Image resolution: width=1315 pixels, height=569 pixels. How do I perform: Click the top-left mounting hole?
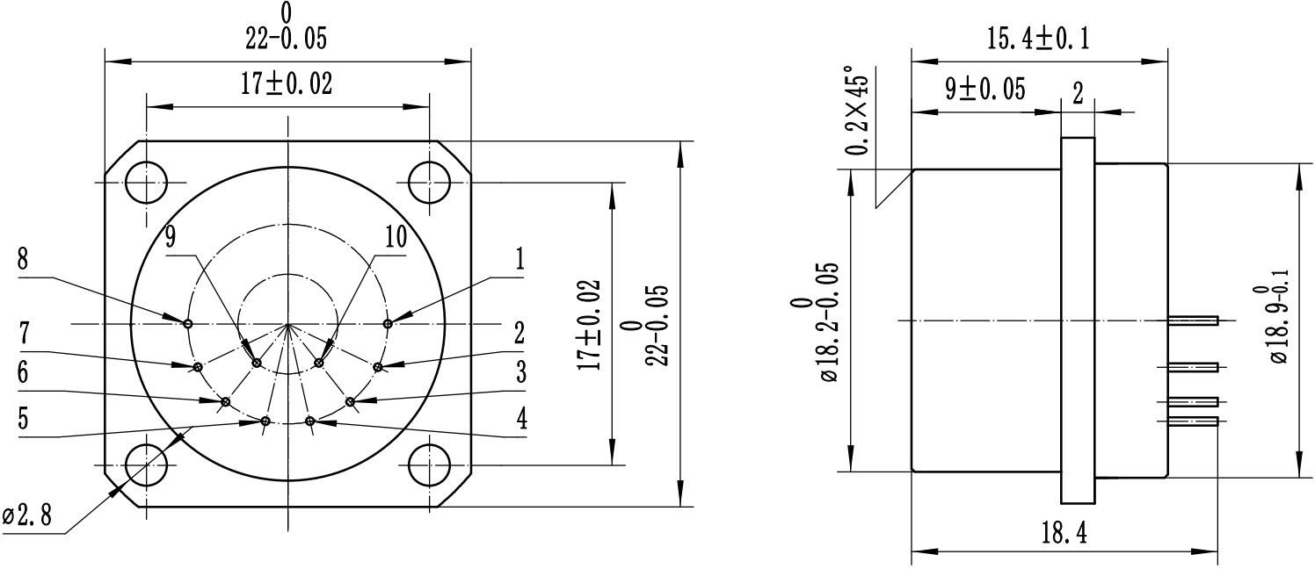coord(146,183)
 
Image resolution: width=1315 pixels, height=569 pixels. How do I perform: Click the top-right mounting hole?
coord(430,183)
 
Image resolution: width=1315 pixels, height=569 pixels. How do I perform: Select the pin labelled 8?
coord(188,323)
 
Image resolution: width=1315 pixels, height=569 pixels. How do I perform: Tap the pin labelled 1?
coord(388,323)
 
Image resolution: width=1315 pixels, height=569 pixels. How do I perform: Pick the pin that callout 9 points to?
coord(257,363)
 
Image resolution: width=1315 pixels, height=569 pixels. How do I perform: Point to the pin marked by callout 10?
coord(319,363)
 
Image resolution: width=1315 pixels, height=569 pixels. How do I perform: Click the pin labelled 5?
coord(265,421)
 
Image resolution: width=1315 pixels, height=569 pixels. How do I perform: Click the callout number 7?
coord(24,335)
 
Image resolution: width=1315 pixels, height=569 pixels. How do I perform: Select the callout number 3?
coord(520,371)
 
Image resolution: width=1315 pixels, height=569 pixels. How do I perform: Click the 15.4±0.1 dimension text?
coord(1038,39)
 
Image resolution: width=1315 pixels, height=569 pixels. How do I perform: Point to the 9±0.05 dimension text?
coord(985,90)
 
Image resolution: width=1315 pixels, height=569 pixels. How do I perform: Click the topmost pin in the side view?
coord(1192,321)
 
